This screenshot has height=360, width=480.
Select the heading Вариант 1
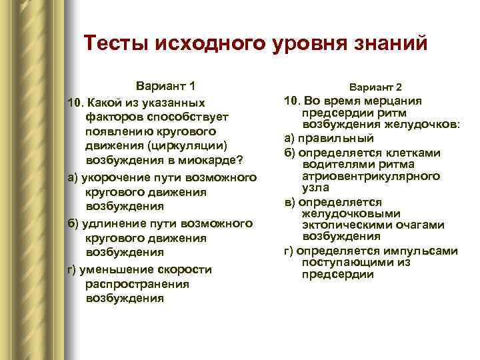[166, 86]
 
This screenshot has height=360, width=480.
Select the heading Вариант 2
[375, 88]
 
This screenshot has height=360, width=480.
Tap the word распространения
[128, 284]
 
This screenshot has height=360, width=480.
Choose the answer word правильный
[335, 139]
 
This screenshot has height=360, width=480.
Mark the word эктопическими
[346, 225]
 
